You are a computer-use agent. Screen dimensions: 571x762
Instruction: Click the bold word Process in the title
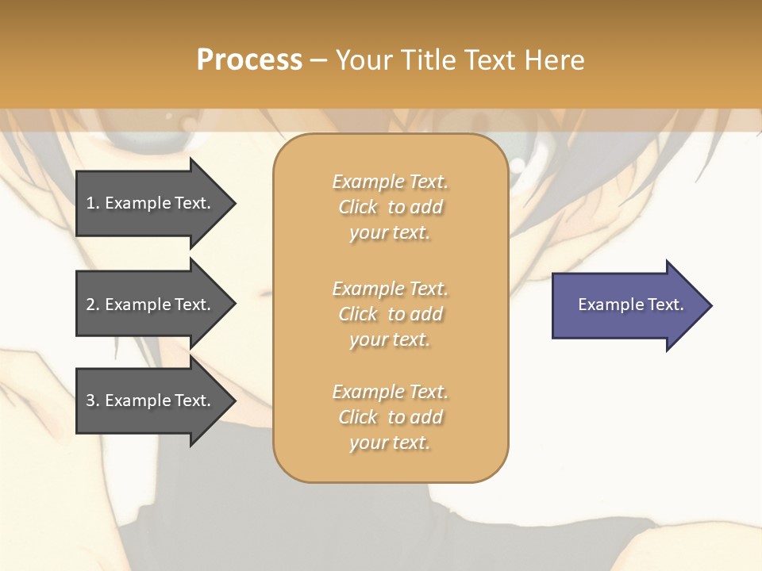(x=249, y=60)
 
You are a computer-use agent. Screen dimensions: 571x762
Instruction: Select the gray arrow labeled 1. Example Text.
(x=151, y=203)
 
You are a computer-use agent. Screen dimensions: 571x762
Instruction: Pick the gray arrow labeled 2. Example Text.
(x=151, y=305)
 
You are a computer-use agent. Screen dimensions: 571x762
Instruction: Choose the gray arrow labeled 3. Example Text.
(x=151, y=400)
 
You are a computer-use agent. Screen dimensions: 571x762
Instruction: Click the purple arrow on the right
(x=627, y=305)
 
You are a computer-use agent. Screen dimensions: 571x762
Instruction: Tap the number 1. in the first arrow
(x=93, y=203)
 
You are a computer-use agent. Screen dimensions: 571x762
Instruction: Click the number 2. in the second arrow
(x=93, y=305)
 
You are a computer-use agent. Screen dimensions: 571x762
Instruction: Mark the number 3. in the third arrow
(x=93, y=400)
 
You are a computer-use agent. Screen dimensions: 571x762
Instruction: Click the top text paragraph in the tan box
(x=390, y=207)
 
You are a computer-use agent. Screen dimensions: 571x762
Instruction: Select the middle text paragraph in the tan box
(x=390, y=314)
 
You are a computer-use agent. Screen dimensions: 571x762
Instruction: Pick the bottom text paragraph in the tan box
(x=390, y=417)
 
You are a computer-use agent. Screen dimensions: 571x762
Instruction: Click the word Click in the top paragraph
(x=358, y=207)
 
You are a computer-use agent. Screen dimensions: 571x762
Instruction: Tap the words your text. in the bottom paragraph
(x=390, y=443)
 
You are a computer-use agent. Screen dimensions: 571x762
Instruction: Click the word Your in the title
(x=364, y=60)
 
